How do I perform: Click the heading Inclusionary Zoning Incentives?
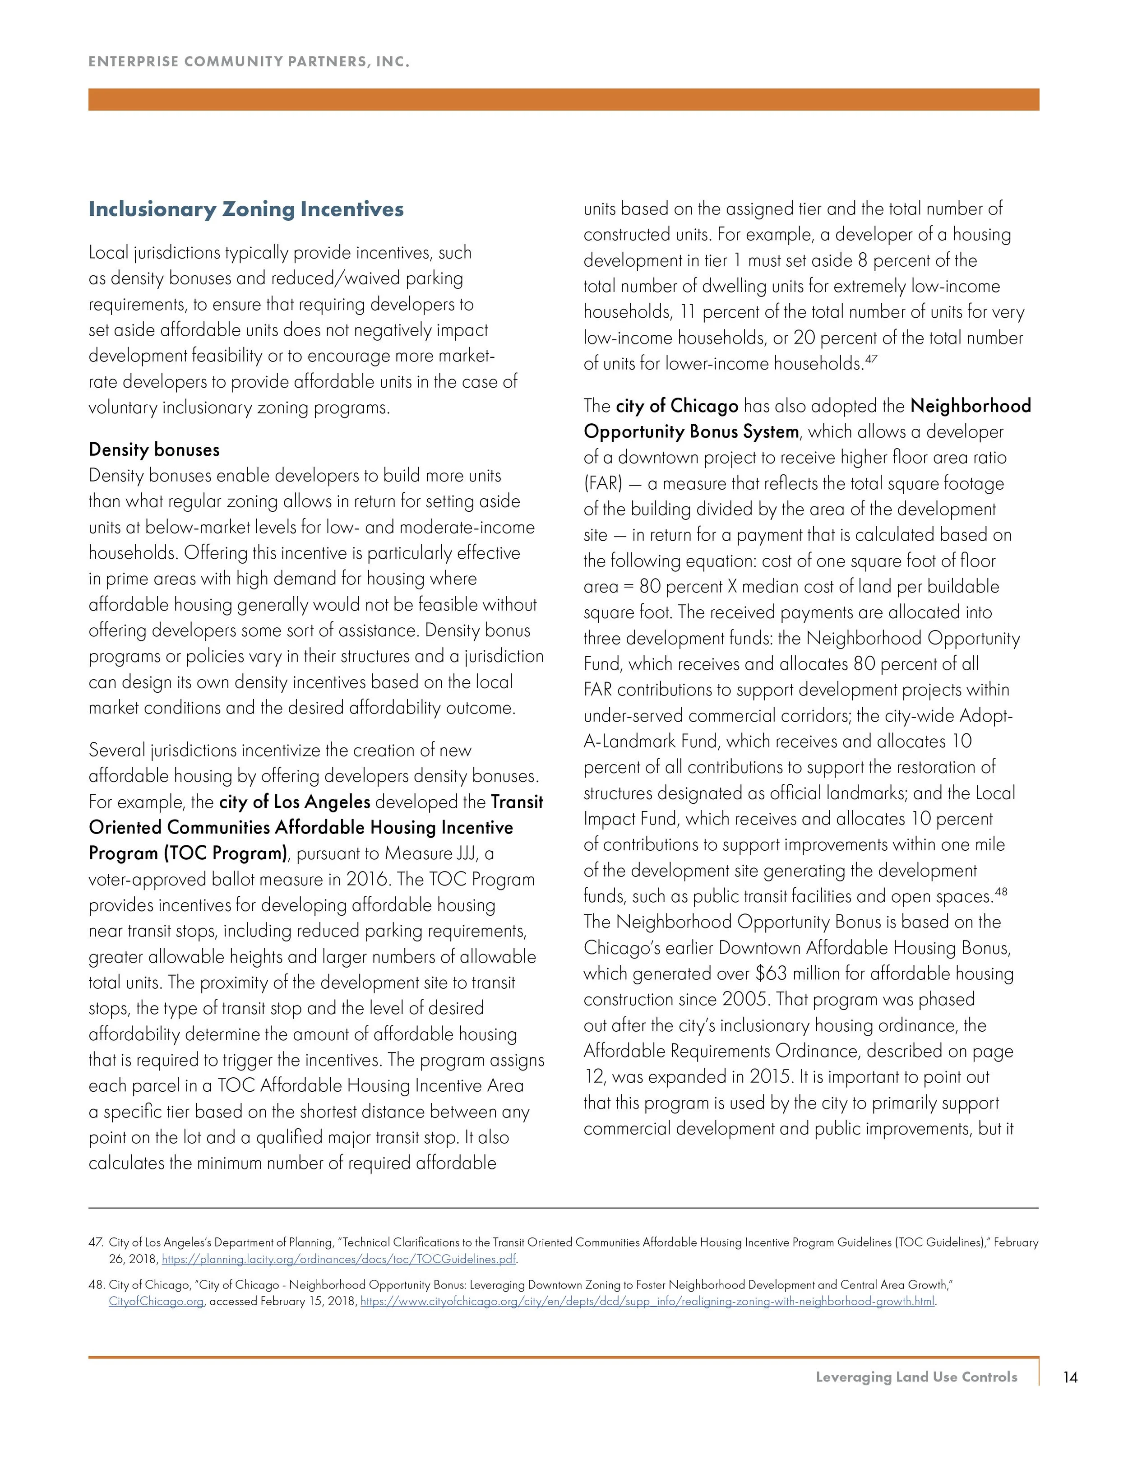pyautogui.click(x=246, y=209)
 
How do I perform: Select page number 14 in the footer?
pyautogui.click(x=1070, y=1377)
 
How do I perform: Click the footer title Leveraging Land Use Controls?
pyautogui.click(x=916, y=1377)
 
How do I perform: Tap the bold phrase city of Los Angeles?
pyautogui.click(x=295, y=802)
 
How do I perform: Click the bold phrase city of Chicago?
pyautogui.click(x=677, y=406)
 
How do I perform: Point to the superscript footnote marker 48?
pyautogui.click(x=1001, y=891)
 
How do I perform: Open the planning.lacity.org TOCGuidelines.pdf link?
pyautogui.click(x=339, y=1260)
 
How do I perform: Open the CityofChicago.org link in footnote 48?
pyautogui.click(x=156, y=1302)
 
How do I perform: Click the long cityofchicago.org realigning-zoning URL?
pyautogui.click(x=647, y=1302)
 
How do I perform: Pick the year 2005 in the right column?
pyautogui.click(x=746, y=999)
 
